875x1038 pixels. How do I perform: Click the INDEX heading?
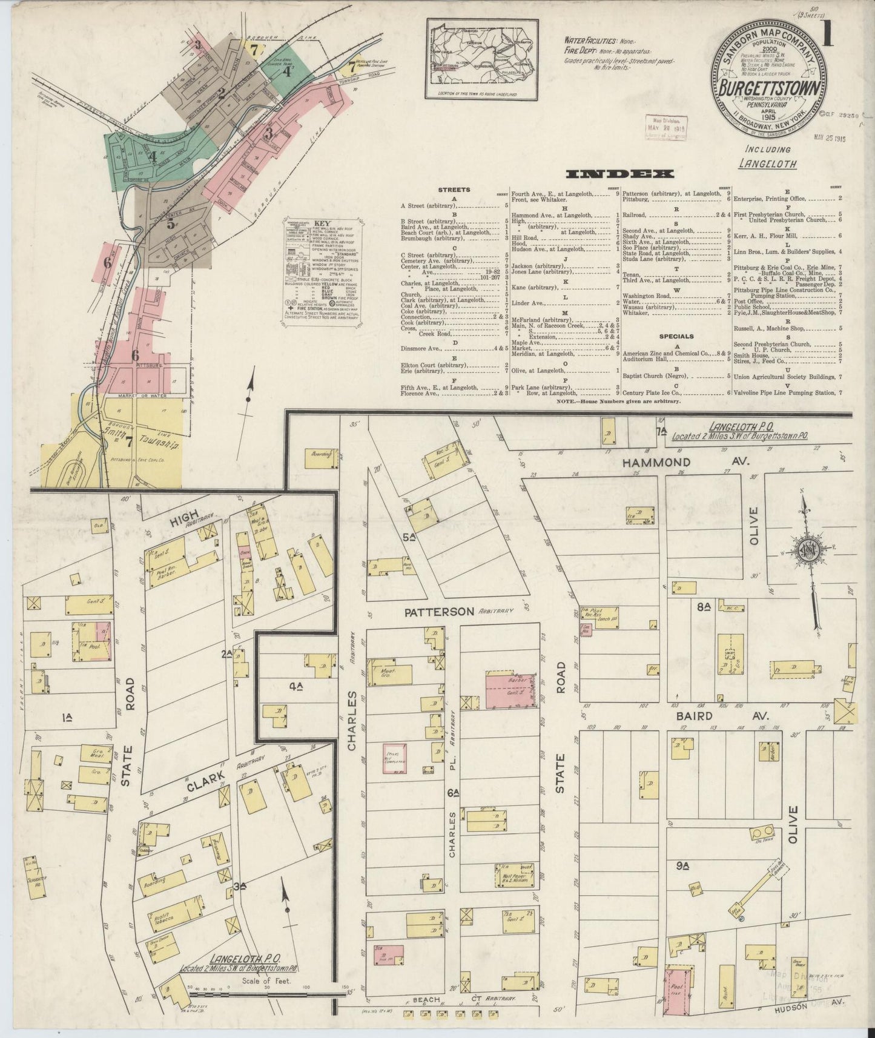(619, 174)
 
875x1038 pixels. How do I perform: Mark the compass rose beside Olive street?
(809, 550)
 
